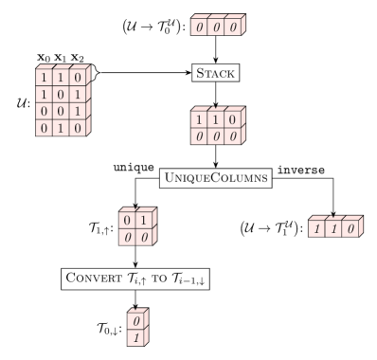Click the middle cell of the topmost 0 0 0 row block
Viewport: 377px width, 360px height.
pyautogui.click(x=216, y=27)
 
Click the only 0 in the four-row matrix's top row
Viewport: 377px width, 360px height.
pyautogui.click(x=77, y=77)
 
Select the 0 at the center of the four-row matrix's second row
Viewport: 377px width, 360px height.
pyautogui.click(x=61, y=94)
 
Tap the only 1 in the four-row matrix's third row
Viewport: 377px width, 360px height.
pyautogui.click(x=77, y=111)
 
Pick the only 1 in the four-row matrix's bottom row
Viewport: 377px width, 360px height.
pyautogui.click(x=61, y=127)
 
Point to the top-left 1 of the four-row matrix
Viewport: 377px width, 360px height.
pyautogui.click(x=45, y=77)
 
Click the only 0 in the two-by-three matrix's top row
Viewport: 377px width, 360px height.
pyautogui.click(x=233, y=121)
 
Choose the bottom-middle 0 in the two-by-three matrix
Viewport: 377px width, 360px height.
pyautogui.click(x=216, y=136)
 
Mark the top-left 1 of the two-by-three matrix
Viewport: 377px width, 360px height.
pyautogui.click(x=200, y=121)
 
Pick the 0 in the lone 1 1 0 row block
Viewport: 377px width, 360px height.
pyautogui.click(x=350, y=229)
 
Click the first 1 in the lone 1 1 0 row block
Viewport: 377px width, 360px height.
pyautogui.click(x=317, y=229)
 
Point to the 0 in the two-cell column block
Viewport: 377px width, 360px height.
pyautogui.click(x=136, y=321)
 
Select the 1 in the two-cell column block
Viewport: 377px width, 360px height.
pyautogui.click(x=136, y=337)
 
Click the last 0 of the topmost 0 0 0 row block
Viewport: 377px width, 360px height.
pyautogui.click(x=232, y=27)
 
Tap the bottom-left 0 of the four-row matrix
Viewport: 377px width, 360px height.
pyautogui.click(x=45, y=127)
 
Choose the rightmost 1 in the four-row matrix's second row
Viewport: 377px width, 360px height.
pyautogui.click(x=77, y=94)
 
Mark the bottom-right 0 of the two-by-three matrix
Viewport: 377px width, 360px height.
pyautogui.click(x=233, y=136)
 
